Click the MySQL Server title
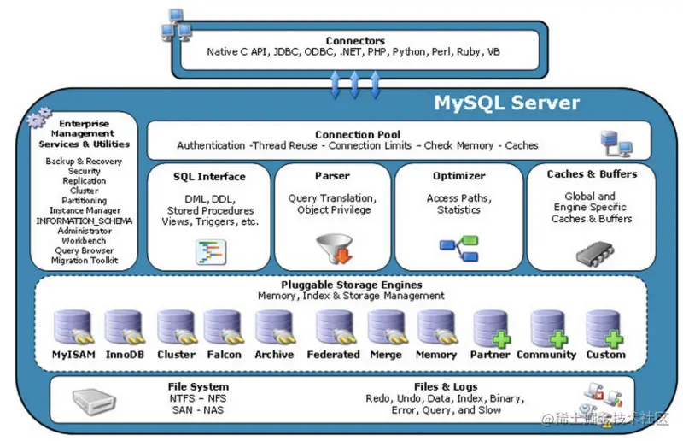tap(507, 103)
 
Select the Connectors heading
tap(355, 40)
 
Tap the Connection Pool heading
tap(357, 134)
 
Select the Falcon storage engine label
tap(224, 355)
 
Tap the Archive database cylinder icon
tap(274, 328)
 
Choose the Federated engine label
tap(333, 355)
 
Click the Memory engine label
tap(436, 355)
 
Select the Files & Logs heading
tap(446, 386)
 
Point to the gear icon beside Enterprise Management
tap(39, 121)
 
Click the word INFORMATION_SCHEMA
tap(85, 220)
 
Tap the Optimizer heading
tap(458, 176)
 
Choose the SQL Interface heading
tap(209, 177)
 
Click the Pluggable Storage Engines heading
tap(351, 285)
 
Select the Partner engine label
tap(490, 355)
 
